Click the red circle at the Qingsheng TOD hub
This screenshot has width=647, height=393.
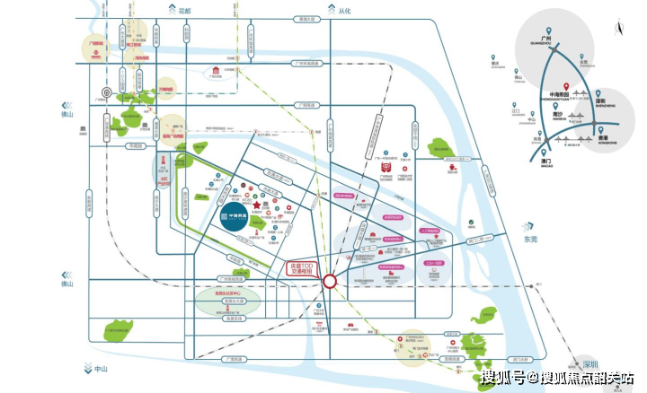330,281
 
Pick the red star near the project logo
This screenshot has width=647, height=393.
257,206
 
